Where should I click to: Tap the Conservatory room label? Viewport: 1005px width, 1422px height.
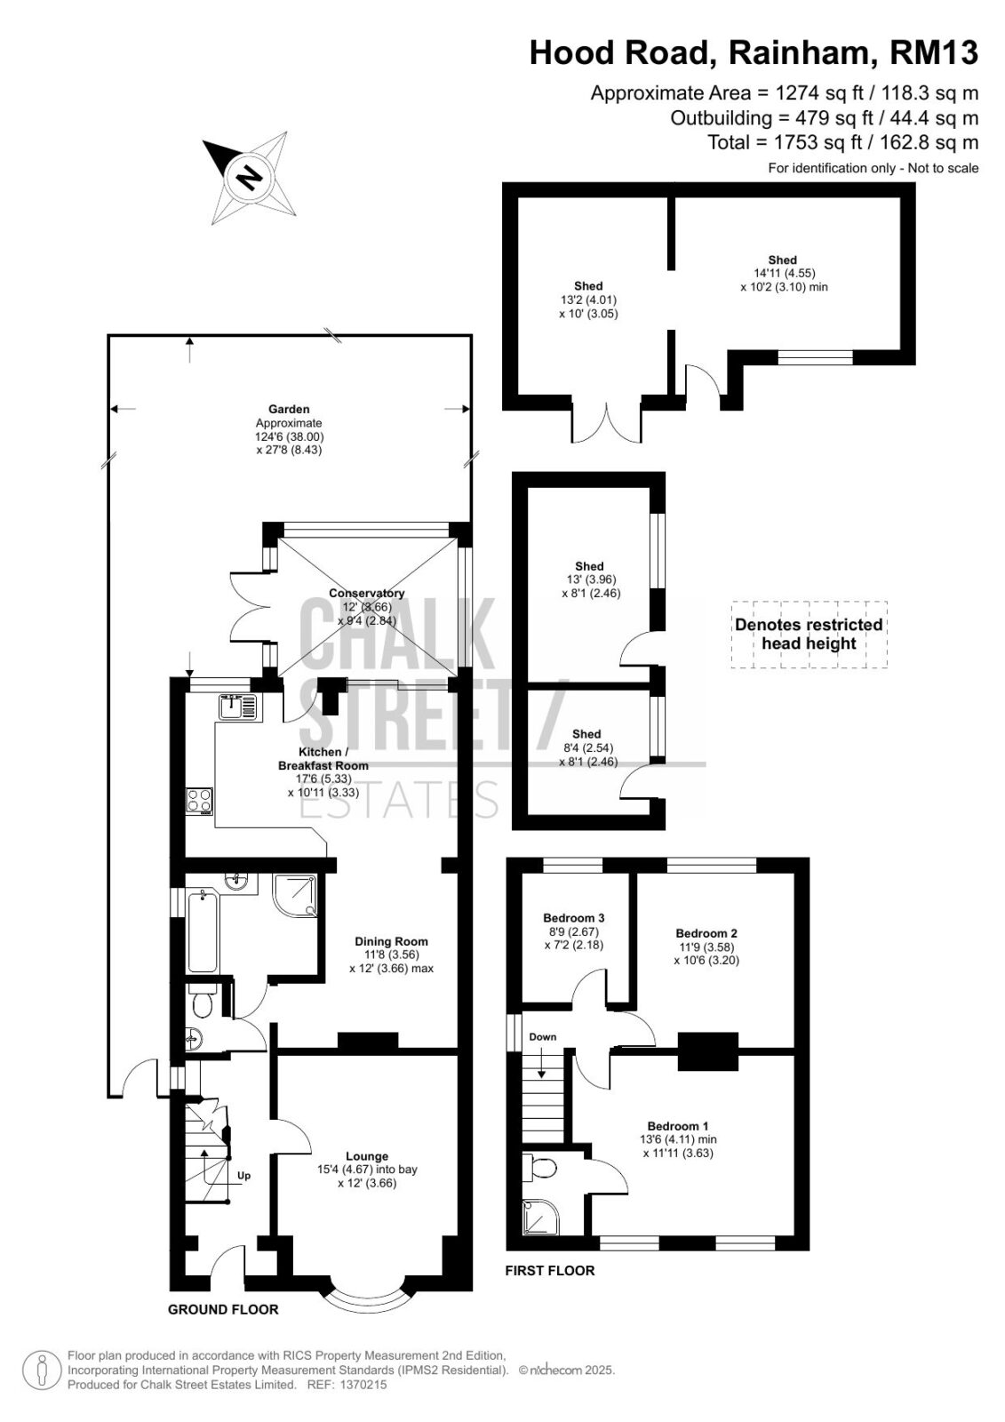point(366,593)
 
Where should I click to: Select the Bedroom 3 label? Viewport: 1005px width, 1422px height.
point(573,917)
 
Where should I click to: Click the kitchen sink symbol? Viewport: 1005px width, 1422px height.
point(239,707)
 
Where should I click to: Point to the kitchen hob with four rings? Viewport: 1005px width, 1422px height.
point(199,801)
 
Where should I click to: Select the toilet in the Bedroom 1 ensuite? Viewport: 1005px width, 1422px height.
point(539,1166)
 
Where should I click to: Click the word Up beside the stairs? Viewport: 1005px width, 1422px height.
point(243,1175)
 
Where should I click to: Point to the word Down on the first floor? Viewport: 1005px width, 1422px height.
point(542,1036)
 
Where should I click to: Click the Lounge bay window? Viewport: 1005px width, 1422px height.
point(366,1290)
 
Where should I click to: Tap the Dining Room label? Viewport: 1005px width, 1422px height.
point(391,941)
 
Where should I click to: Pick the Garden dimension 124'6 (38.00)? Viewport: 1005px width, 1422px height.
point(290,436)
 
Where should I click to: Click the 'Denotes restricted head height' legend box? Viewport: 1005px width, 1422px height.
point(809,635)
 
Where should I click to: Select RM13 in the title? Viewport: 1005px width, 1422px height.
point(934,52)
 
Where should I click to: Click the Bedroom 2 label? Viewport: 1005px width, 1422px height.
point(706,933)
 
